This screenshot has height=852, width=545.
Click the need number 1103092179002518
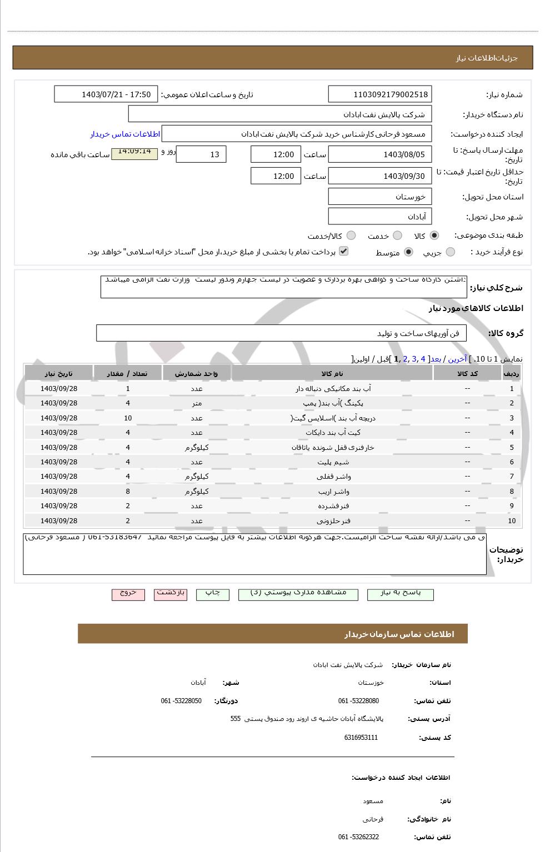pyautogui.click(x=380, y=94)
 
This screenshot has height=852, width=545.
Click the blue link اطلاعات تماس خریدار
pyautogui.click(x=125, y=134)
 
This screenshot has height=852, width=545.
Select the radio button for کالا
pyautogui.click(x=434, y=235)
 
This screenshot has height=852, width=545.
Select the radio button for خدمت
pyautogui.click(x=397, y=235)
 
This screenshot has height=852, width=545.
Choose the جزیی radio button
pyautogui.click(x=451, y=252)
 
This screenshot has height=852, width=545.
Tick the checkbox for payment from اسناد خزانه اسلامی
pyautogui.click(x=344, y=251)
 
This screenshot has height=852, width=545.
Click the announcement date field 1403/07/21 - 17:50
pyautogui.click(x=106, y=94)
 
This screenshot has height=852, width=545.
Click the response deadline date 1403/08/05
pyautogui.click(x=380, y=154)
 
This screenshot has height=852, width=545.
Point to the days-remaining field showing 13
pyautogui.click(x=201, y=154)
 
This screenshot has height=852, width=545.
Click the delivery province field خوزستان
pyautogui.click(x=380, y=197)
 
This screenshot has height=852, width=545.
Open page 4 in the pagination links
pyautogui.click(x=423, y=359)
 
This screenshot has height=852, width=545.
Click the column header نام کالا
pyautogui.click(x=332, y=373)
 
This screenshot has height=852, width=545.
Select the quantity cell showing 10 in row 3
pyautogui.click(x=128, y=418)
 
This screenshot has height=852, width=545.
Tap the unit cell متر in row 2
pyautogui.click(x=197, y=403)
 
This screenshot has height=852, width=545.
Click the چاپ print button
pyautogui.click(x=212, y=593)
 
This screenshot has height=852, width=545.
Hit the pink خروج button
pyautogui.click(x=128, y=593)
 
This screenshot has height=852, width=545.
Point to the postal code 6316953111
pyautogui.click(x=361, y=738)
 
